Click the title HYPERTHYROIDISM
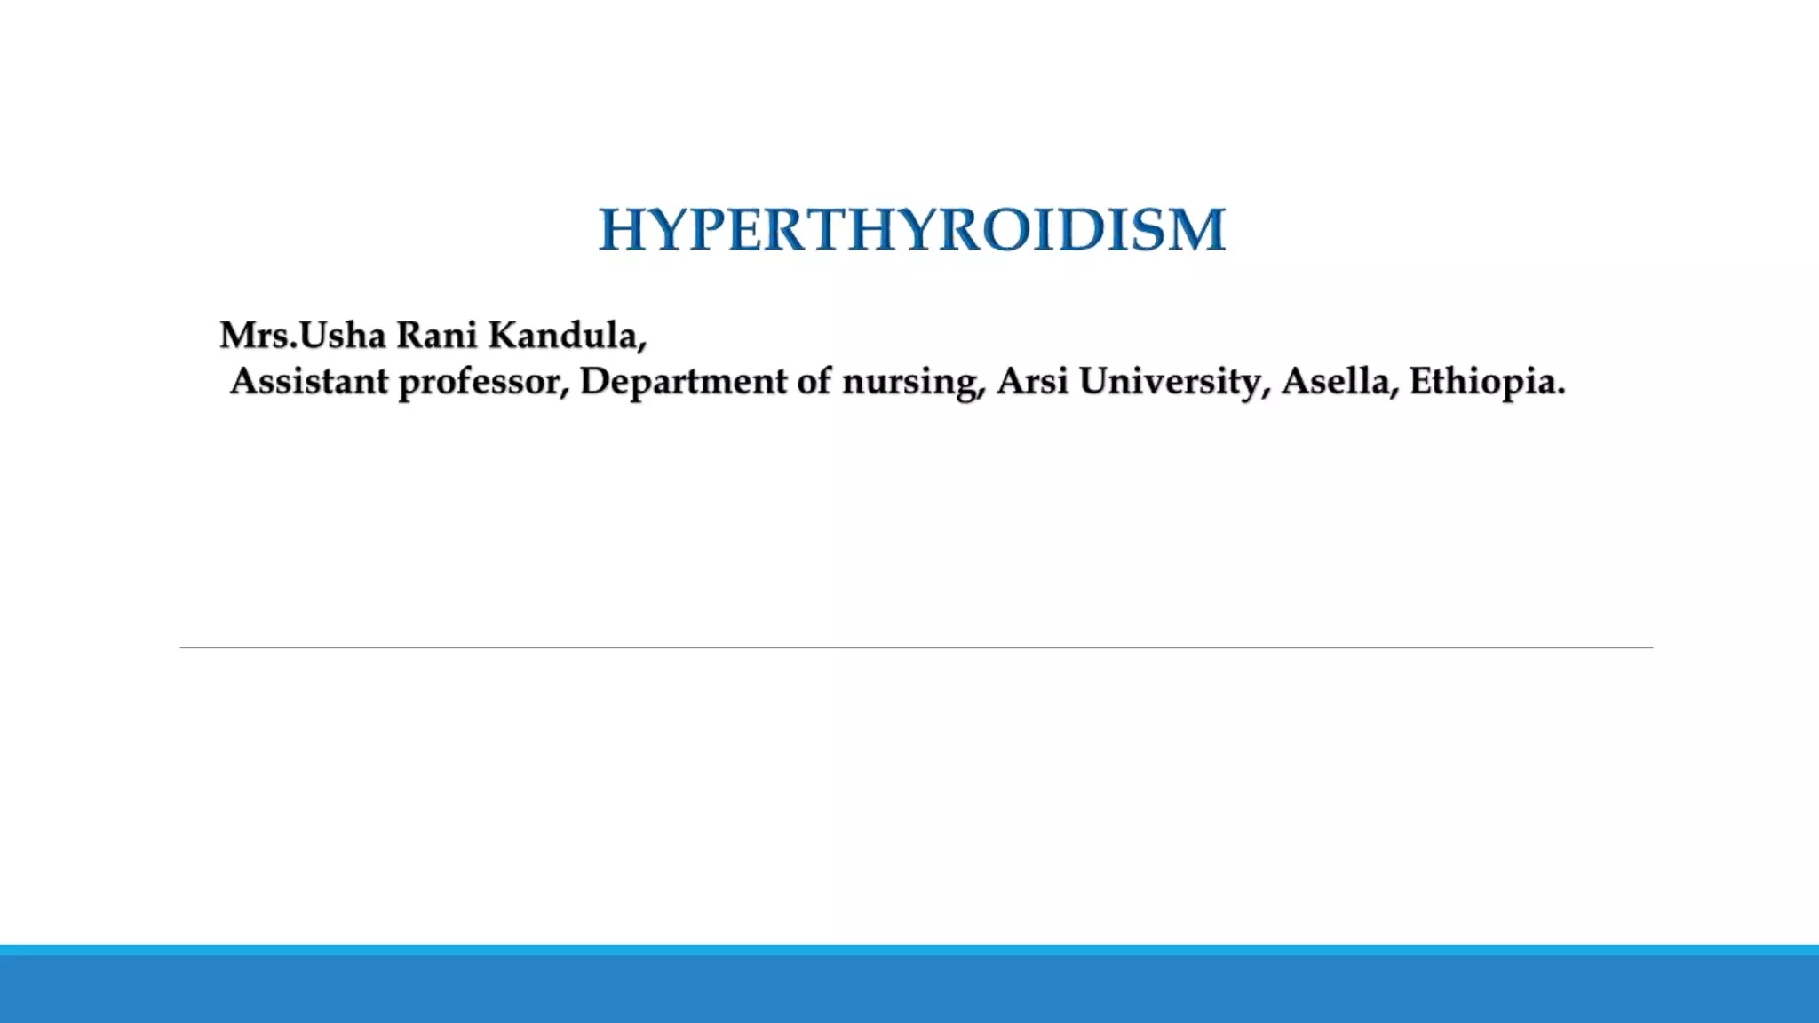(x=911, y=229)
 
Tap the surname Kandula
(x=561, y=336)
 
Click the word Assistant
(x=309, y=382)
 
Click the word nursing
(x=911, y=383)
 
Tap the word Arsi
(x=1032, y=382)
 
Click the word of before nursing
(x=814, y=382)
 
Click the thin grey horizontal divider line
(x=915, y=647)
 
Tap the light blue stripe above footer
(x=909, y=949)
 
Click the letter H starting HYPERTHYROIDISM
(x=621, y=229)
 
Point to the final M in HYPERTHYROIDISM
(x=1199, y=229)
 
